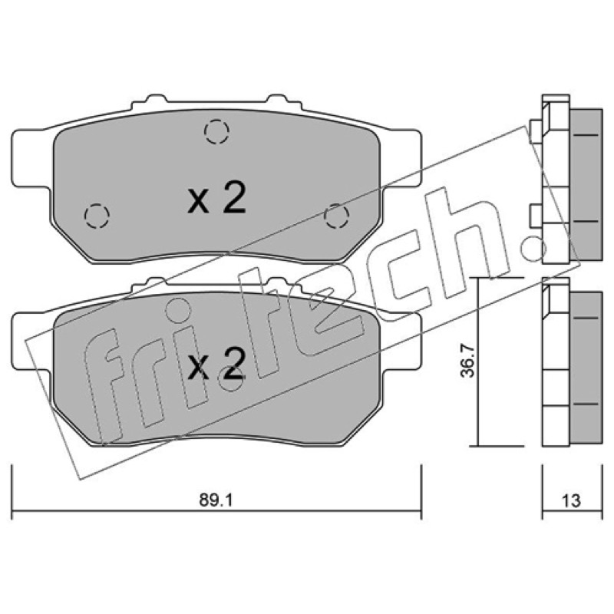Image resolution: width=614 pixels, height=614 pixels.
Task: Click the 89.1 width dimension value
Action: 216,500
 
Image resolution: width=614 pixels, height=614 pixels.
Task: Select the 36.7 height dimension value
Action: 467,361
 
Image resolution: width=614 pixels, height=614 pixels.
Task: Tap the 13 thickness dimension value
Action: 571,500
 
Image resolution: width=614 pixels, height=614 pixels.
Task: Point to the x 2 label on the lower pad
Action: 216,363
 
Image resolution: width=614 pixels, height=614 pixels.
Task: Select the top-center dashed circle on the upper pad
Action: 216,131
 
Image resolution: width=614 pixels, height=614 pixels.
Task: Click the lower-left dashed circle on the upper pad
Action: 97,216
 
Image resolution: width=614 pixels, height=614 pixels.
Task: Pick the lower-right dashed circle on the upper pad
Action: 337,216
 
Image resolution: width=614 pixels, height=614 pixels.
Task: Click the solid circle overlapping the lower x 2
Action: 231,378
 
